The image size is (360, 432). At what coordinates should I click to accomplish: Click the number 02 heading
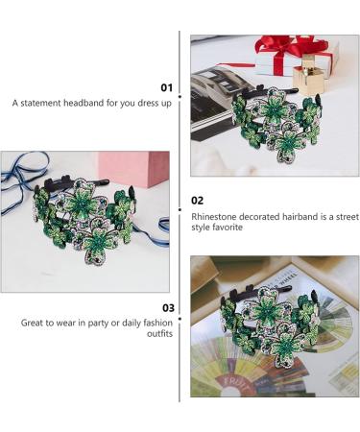pos(199,201)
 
